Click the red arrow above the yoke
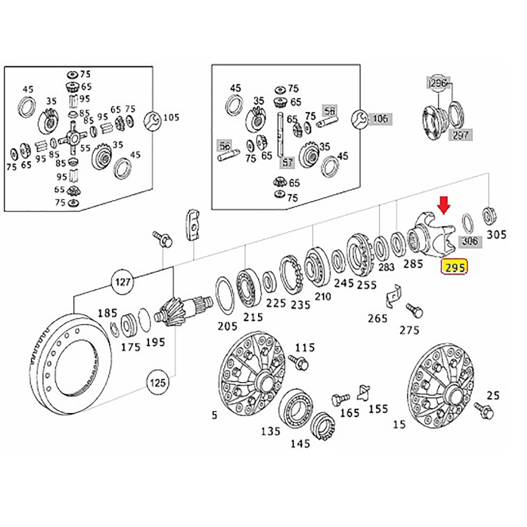click(444, 205)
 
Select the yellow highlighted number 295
click(454, 267)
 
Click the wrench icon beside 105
click(153, 118)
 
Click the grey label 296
click(437, 83)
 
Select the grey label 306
click(470, 241)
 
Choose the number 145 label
click(300, 443)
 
